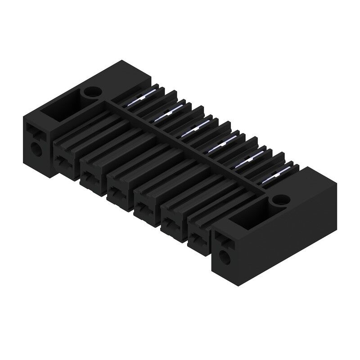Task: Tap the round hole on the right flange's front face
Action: coord(224,257)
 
